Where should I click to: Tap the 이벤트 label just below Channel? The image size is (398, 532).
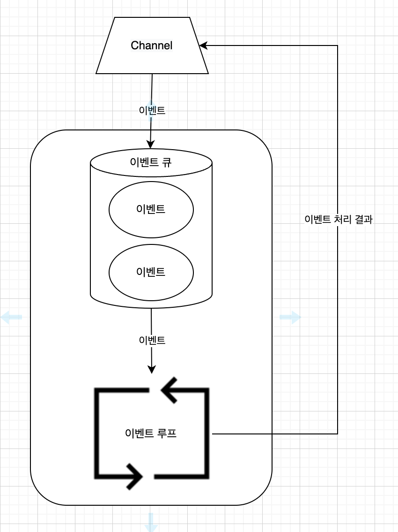pyautogui.click(x=152, y=110)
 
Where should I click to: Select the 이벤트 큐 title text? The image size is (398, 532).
pyautogui.click(x=151, y=162)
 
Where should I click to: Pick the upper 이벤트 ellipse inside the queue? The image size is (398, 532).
pyautogui.click(x=151, y=209)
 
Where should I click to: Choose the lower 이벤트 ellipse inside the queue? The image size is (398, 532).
pyautogui.click(x=151, y=272)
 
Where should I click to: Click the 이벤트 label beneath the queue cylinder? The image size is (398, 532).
pyautogui.click(x=152, y=340)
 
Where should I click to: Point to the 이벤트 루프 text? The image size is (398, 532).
pyautogui.click(x=151, y=433)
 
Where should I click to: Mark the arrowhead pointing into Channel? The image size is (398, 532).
pyautogui.click(x=203, y=46)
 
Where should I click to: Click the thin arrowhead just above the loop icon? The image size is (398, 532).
pyautogui.click(x=151, y=370)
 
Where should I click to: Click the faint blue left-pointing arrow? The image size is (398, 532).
pyautogui.click(x=11, y=317)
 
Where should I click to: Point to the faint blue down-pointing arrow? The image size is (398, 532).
pyautogui.click(x=151, y=523)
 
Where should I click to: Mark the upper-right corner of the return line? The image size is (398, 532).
pyautogui.click(x=338, y=46)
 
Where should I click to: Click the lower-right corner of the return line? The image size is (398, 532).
pyautogui.click(x=338, y=434)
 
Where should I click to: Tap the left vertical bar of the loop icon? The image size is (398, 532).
pyautogui.click(x=97, y=433)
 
